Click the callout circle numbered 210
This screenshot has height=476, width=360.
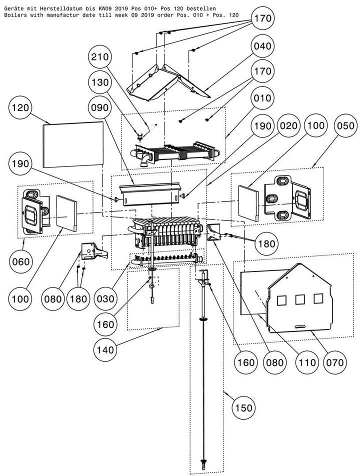(100, 57)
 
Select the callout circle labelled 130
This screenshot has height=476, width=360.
(100, 82)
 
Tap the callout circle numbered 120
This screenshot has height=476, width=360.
(20, 108)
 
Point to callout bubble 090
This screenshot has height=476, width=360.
(100, 108)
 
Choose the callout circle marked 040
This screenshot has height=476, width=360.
(262, 46)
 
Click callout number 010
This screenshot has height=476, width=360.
(262, 98)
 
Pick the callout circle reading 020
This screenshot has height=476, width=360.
(288, 125)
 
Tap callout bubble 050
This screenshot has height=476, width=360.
(345, 125)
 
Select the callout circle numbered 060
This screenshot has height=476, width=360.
(21, 261)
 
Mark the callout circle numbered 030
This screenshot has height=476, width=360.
(105, 299)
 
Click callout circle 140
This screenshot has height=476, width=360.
(105, 350)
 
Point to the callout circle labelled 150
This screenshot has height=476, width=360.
(243, 407)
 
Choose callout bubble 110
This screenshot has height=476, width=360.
(307, 362)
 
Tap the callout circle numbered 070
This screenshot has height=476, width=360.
(335, 362)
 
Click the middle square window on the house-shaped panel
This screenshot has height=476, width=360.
(300, 299)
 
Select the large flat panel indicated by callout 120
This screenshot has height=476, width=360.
(73, 144)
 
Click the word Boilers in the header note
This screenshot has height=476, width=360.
(13, 15)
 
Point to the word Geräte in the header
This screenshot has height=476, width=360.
(12, 9)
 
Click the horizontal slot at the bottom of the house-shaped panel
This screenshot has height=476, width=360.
(299, 326)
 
